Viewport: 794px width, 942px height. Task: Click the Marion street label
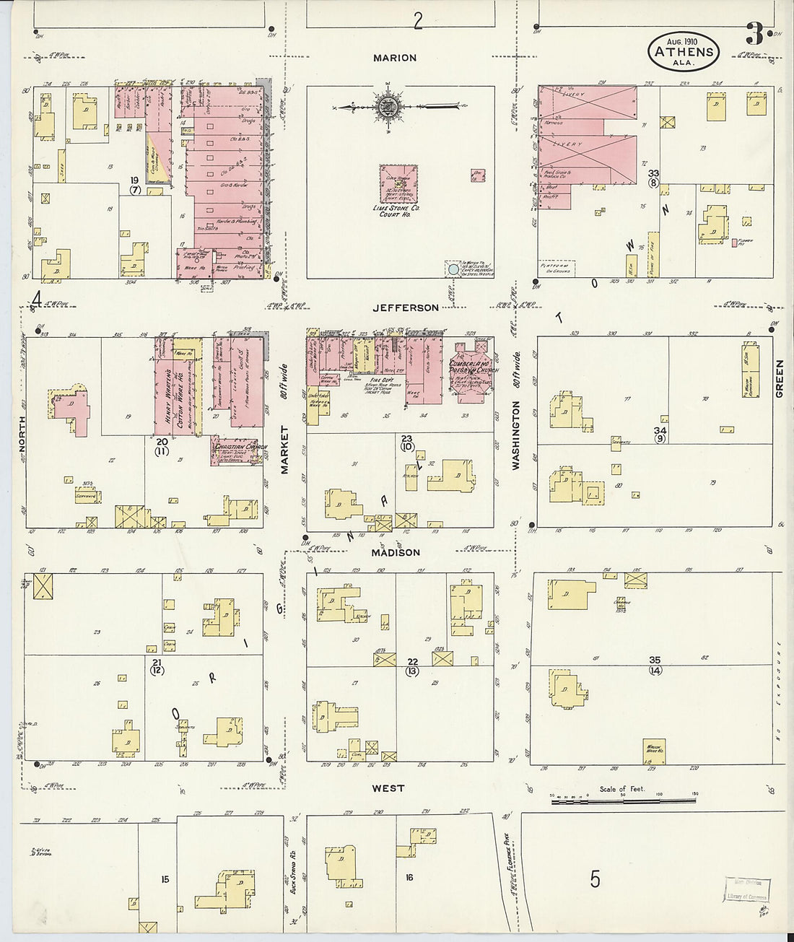tap(395, 58)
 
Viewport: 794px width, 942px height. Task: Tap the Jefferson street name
tap(405, 308)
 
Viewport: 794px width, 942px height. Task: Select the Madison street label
tap(396, 552)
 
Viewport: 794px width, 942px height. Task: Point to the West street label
tap(388, 788)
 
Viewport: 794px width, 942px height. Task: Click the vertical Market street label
tap(284, 450)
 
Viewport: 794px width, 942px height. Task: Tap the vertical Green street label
tap(779, 378)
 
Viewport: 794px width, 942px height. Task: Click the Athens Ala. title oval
tap(683, 52)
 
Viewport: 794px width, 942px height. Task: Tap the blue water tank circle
tap(453, 269)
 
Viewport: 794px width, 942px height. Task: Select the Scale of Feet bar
tap(625, 799)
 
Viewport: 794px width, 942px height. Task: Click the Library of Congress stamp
tap(746, 889)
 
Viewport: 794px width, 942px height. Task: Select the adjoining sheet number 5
tap(595, 878)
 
